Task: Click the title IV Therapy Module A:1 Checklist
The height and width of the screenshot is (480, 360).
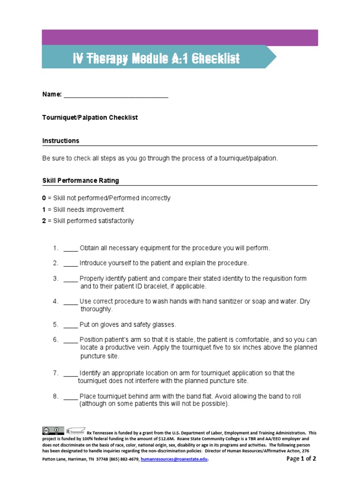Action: (x=156, y=58)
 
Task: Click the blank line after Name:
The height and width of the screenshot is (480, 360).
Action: (x=116, y=95)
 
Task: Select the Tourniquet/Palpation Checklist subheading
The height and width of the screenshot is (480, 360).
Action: (x=90, y=118)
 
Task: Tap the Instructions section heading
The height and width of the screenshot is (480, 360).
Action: (x=61, y=141)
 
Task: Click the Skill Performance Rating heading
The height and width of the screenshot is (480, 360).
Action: (x=81, y=180)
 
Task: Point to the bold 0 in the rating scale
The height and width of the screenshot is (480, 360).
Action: (x=44, y=198)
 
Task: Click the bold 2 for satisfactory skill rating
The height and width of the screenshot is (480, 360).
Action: (x=44, y=221)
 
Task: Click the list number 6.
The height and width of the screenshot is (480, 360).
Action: (x=55, y=339)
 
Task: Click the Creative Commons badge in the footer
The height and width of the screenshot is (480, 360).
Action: (x=53, y=430)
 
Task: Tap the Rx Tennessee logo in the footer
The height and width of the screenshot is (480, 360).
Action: (x=75, y=430)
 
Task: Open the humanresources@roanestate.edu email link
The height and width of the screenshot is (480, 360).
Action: (x=174, y=459)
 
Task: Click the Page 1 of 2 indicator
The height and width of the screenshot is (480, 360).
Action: (x=301, y=458)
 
